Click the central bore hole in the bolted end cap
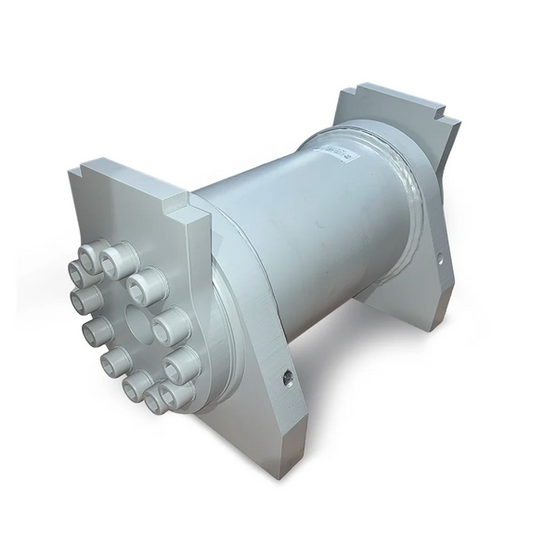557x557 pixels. coord(136,324)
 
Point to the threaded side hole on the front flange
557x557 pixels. coord(287,378)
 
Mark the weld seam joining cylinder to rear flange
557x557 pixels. coord(408,186)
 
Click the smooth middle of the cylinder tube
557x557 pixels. coord(297,232)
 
